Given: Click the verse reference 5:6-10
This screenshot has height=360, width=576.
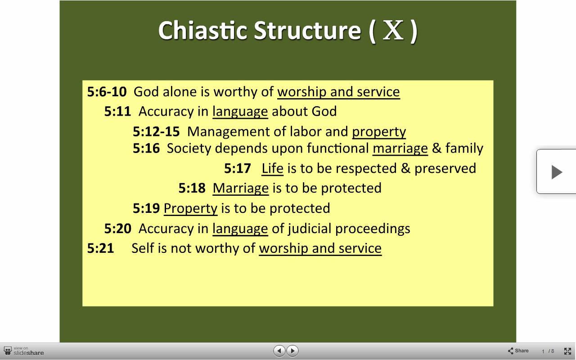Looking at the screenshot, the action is [107, 92].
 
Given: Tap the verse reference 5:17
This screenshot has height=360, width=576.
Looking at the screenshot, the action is [237, 168].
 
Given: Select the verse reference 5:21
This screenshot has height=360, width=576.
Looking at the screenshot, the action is [100, 248].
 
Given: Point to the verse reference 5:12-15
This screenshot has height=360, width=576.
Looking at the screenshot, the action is [156, 131].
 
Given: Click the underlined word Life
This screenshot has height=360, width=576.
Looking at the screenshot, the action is [272, 168].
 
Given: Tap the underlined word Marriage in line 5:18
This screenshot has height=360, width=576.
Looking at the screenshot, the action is [241, 188].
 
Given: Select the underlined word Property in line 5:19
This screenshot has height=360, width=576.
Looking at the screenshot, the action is [190, 208].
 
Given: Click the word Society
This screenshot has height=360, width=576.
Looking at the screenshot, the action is [189, 148].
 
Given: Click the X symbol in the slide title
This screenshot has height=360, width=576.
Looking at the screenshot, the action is [393, 30].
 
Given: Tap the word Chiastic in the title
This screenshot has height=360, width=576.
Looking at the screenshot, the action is [202, 30].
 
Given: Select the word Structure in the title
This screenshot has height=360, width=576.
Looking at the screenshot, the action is [307, 30].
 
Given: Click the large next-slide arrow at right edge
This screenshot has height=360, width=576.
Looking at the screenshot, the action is [557, 172].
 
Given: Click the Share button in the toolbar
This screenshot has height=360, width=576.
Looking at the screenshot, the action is [518, 351].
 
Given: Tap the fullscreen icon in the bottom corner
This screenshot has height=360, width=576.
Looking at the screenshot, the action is [567, 351].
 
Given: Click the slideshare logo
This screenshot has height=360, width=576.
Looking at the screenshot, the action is [24, 351].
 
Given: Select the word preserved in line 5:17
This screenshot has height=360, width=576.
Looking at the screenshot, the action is [445, 169].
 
